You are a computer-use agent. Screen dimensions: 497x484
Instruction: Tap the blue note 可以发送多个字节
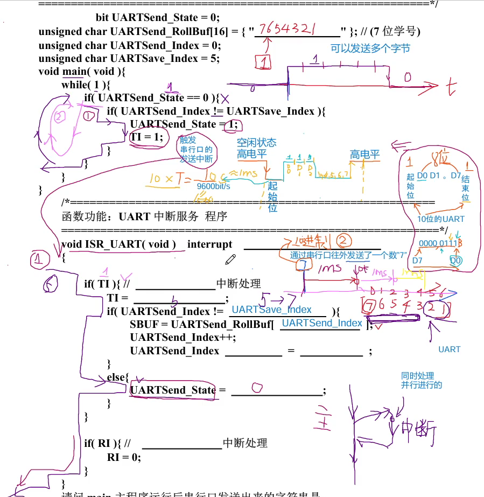pos(370,48)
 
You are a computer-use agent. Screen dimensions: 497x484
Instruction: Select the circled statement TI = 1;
pos(146,137)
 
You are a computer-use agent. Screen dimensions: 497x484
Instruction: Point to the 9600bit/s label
pos(213,186)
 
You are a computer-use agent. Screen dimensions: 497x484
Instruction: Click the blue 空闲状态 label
pos(257,143)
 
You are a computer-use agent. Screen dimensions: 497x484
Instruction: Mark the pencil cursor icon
pos(231,259)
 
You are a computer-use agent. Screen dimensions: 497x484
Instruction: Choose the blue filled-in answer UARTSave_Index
pos(271,309)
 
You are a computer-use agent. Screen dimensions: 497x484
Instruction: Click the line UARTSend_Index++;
pos(183,337)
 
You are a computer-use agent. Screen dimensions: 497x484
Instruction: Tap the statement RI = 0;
pos(124,457)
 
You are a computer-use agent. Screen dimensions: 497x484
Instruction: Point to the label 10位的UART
pos(440,219)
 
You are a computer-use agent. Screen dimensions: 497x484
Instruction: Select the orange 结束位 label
pos(465,188)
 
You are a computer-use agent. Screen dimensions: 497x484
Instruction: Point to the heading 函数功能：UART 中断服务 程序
pos(145,216)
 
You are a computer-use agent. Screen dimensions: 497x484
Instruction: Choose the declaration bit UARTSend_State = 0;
pos(158,18)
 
